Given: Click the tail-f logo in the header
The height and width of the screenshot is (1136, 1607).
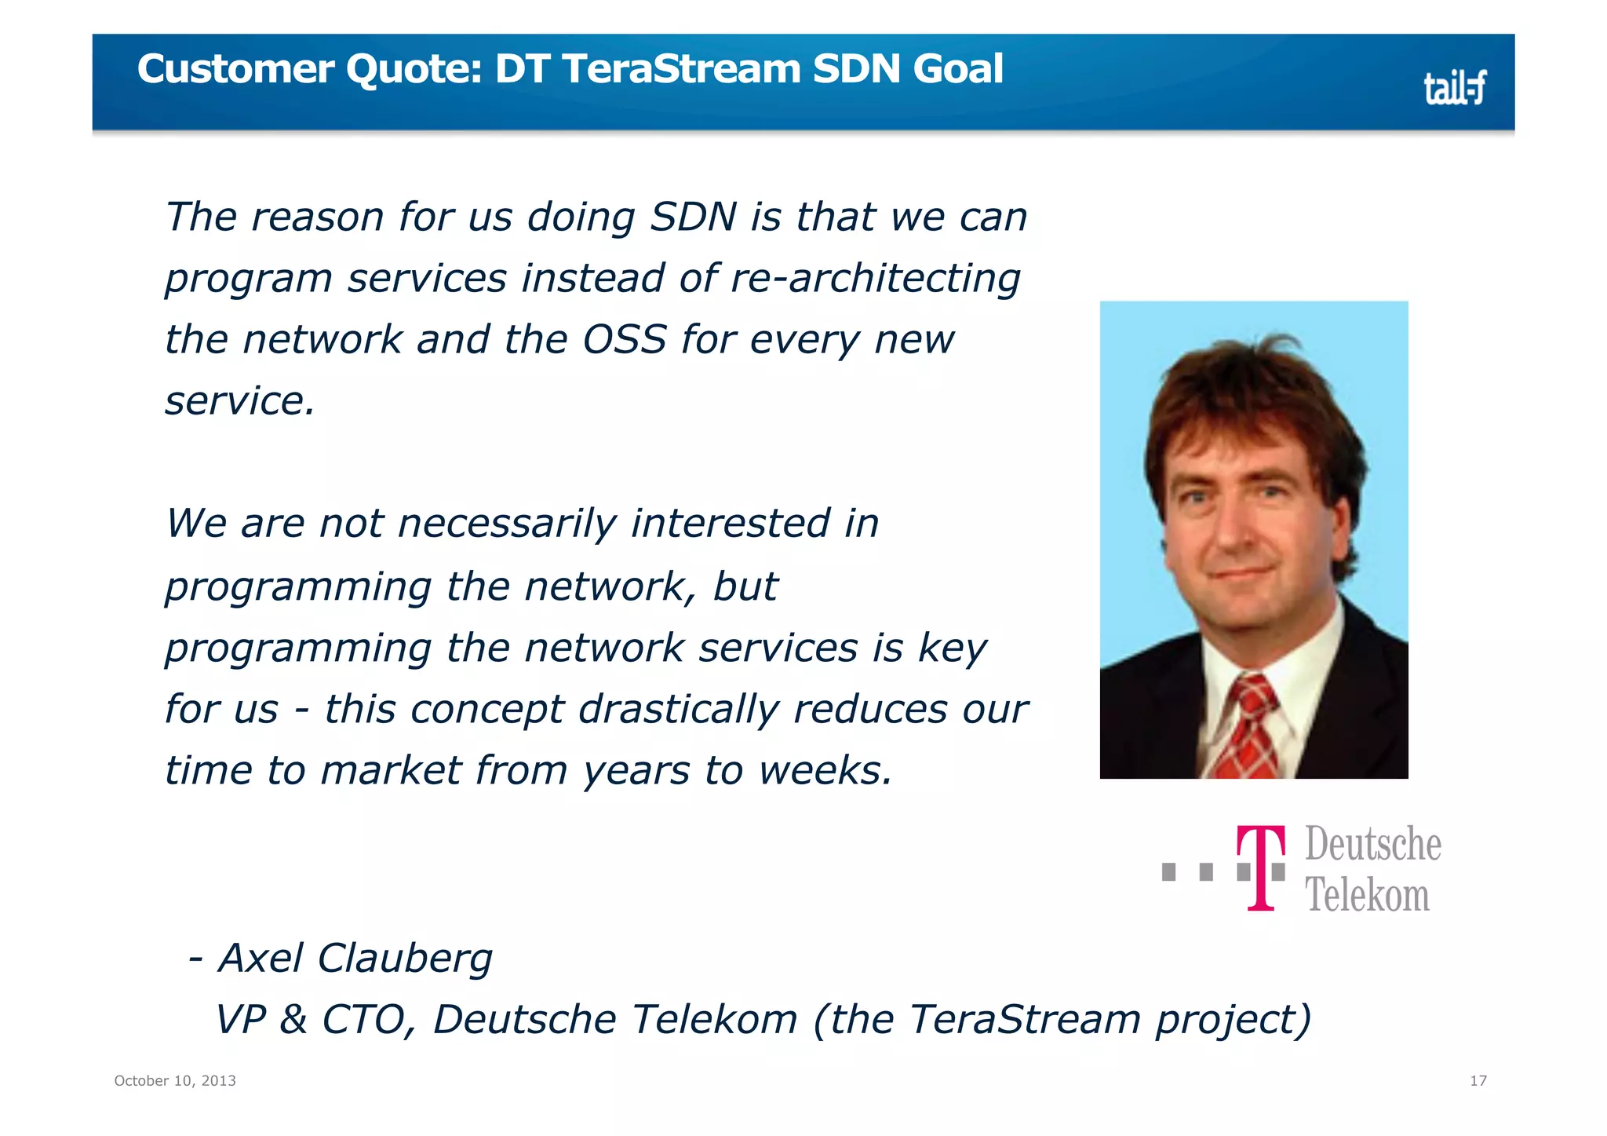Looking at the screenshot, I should coord(1454,88).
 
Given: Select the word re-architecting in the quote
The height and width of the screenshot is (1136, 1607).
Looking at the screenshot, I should coord(875,279).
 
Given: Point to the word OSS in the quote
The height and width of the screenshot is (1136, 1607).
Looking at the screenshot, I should coord(625,340).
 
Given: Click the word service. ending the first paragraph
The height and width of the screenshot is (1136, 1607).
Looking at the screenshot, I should coord(239,401).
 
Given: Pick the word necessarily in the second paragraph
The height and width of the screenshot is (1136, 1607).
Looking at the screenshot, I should coord(507,524).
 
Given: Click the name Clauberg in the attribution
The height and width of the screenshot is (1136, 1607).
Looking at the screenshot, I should coord(405,959).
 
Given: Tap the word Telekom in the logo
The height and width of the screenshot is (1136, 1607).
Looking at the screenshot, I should coord(1366,895).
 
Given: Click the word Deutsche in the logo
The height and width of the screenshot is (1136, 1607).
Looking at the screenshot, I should coord(1372,845).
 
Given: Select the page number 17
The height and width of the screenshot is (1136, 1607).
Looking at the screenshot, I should coord(1478,1081).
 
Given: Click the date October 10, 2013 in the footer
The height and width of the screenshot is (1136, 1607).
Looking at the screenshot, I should coord(175,1081).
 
